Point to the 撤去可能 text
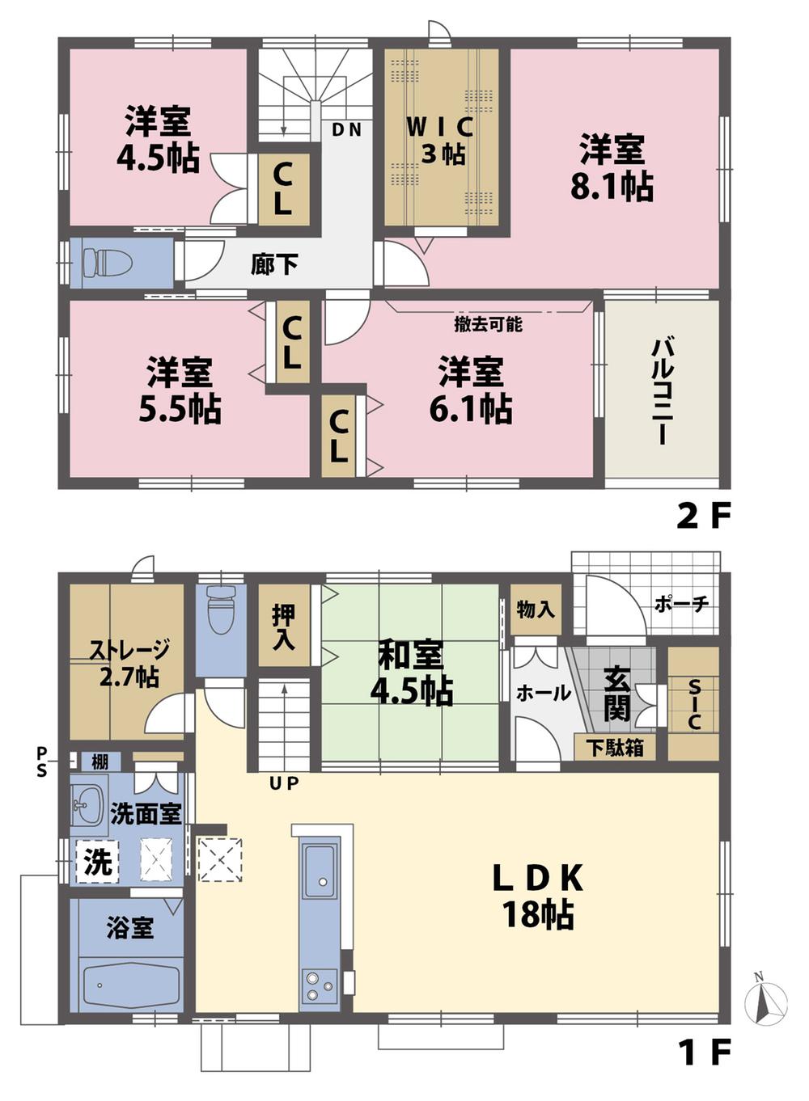pyautogui.click(x=488, y=324)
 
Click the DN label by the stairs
pyautogui.click(x=346, y=129)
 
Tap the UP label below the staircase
pyautogui.click(x=283, y=783)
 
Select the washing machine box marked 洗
pyautogui.click(x=98, y=862)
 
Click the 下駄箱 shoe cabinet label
pyautogui.click(x=614, y=748)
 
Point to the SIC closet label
pyautogui.click(x=693, y=703)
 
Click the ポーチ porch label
pyautogui.click(x=681, y=604)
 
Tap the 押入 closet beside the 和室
pyautogui.click(x=283, y=626)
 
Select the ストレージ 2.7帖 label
pyautogui.click(x=129, y=661)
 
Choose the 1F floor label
pyautogui.click(x=703, y=1052)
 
